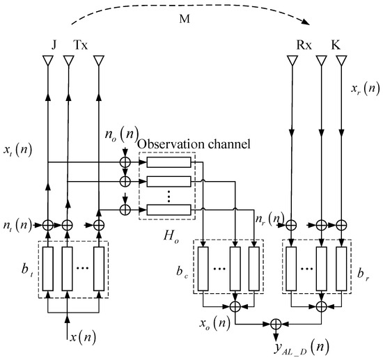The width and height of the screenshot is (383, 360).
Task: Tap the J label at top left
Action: coord(54,45)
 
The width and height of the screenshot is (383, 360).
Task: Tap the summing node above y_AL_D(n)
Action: coord(276,323)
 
